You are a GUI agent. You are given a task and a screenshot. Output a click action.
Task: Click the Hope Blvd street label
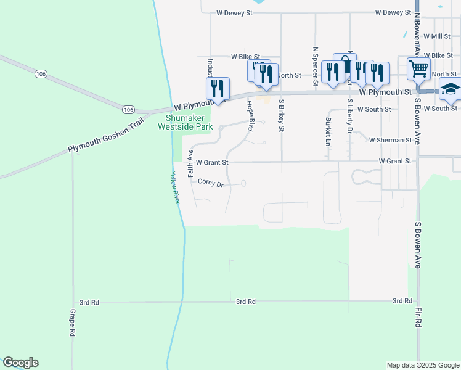251,115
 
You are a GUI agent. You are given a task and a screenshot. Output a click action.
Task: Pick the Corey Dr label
210,182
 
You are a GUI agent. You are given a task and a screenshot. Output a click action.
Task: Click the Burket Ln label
328,131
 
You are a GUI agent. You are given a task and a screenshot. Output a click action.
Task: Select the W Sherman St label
390,140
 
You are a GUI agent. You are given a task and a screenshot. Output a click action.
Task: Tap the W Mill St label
438,37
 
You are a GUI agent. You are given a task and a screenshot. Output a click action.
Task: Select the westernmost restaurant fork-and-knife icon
218,88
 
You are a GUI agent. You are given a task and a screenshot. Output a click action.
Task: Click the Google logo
20,363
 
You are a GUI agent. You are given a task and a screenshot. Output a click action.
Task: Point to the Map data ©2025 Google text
422,365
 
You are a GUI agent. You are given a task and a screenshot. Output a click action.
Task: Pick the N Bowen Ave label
417,27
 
